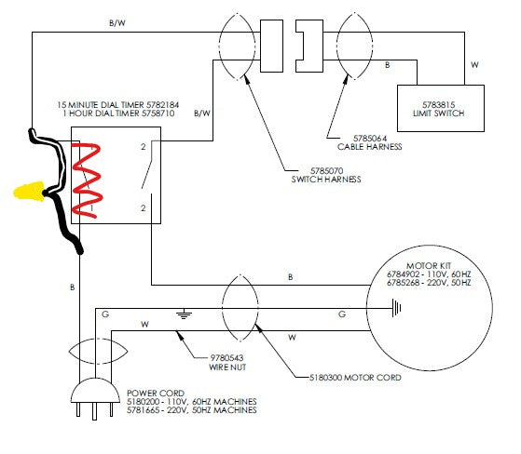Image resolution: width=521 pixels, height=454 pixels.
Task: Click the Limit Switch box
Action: click(440, 108)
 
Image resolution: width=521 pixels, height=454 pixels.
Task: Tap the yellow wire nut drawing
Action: click(30, 193)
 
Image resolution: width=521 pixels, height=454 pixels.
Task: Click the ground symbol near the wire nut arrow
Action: click(184, 315)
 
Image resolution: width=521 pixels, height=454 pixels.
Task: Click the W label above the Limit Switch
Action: click(474, 65)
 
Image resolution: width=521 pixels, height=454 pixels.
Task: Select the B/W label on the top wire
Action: click(118, 20)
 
